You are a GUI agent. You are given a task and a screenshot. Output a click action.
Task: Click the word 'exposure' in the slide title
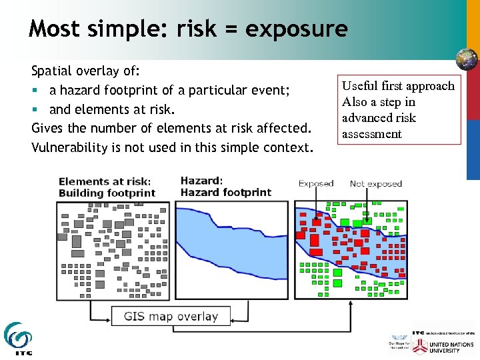296,29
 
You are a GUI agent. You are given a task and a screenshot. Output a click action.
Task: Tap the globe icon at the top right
466,59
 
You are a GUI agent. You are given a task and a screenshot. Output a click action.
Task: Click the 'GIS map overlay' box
171,316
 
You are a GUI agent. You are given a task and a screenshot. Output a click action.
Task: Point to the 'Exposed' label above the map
316,183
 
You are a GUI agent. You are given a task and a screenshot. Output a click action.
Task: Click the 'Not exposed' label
376,183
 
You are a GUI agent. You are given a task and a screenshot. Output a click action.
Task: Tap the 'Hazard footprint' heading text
226,193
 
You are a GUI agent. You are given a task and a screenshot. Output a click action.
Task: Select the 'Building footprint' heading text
107,193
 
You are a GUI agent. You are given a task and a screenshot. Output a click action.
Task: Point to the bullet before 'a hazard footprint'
35,90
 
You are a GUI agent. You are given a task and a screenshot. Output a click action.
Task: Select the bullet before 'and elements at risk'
35,109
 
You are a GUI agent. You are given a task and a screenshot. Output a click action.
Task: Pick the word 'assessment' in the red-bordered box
372,134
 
